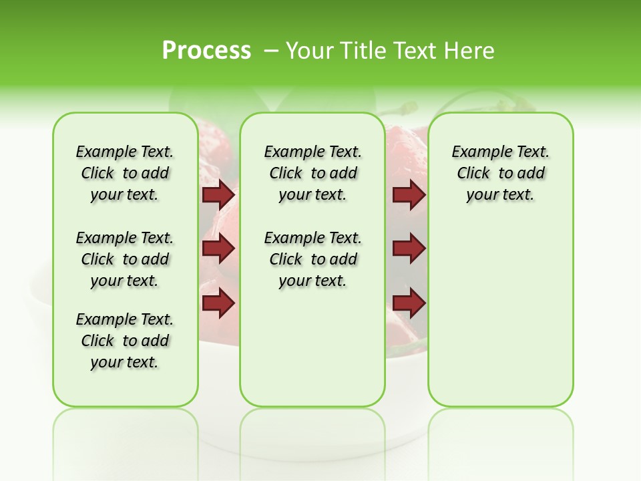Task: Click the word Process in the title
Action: pos(206,50)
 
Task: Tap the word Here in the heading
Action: pos(470,50)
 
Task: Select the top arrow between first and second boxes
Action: pos(218,194)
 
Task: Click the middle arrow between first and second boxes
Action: pos(218,249)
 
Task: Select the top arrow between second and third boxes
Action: pos(409,194)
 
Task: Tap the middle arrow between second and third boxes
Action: pos(409,249)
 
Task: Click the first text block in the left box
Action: pos(125,173)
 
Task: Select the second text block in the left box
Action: pos(125,259)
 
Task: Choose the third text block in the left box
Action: pos(125,341)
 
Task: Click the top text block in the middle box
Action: pos(312,173)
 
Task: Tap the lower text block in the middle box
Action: pos(312,259)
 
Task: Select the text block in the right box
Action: pos(500,173)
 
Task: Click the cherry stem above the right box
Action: pos(467,100)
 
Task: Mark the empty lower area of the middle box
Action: pos(312,347)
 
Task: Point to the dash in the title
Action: pos(272,50)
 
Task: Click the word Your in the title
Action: pos(310,50)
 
